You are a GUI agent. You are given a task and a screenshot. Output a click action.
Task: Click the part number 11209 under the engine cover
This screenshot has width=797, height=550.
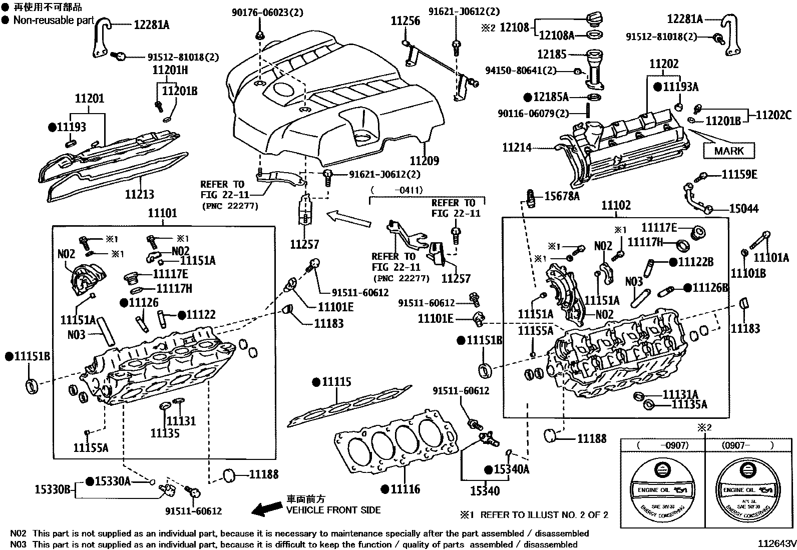(x=424, y=161)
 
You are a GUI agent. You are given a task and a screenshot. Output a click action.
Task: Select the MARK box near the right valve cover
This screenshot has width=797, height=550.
(x=728, y=151)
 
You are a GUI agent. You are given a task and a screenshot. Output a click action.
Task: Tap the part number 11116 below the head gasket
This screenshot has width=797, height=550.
(x=405, y=489)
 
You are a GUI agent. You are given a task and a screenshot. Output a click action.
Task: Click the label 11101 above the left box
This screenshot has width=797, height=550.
(x=162, y=214)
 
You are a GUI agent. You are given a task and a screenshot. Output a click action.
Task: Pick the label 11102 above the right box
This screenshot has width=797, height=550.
(x=616, y=206)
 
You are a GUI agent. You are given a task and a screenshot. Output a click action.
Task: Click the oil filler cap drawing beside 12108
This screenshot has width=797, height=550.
(x=593, y=21)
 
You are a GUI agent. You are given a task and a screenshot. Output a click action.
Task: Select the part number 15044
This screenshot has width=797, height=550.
(x=744, y=209)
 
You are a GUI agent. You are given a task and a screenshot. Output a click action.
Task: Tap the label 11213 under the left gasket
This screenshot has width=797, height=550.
(x=139, y=194)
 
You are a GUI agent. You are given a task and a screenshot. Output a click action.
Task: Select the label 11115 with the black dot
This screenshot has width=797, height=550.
(x=336, y=382)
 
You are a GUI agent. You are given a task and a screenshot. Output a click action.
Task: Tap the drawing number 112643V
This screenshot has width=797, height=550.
(x=776, y=543)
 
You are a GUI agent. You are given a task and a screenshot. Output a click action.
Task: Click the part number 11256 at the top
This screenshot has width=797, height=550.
(x=405, y=22)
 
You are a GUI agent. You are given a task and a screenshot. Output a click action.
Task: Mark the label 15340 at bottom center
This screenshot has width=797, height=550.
(x=484, y=491)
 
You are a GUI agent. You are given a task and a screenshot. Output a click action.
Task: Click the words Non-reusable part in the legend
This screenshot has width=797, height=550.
(x=54, y=20)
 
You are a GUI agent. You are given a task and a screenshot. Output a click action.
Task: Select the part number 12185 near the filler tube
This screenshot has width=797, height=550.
(x=552, y=54)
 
